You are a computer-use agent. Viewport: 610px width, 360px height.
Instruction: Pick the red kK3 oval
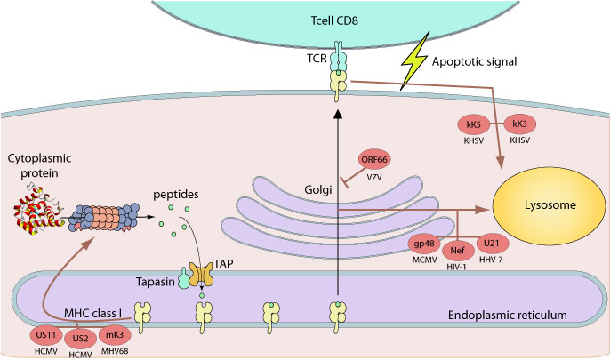(x=522, y=124)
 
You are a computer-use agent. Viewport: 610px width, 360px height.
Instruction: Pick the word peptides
(x=198, y=194)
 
